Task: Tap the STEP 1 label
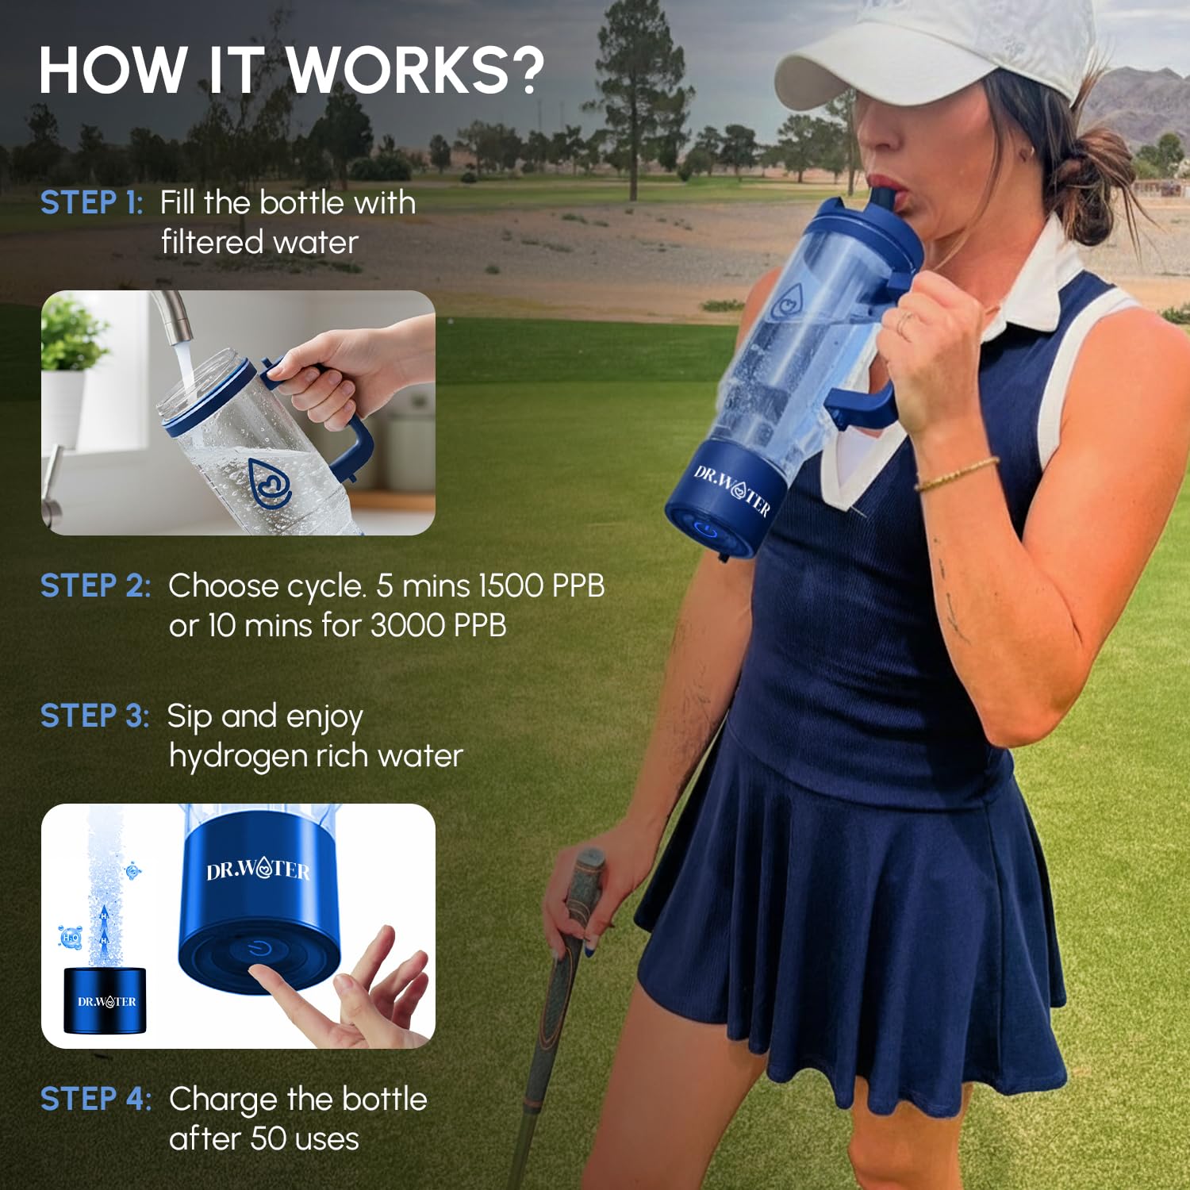click(91, 203)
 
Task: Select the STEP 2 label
click(95, 586)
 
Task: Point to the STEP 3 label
click(94, 716)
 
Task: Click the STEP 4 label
click(95, 1100)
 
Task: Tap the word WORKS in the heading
click(397, 70)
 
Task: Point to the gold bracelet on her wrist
click(956, 474)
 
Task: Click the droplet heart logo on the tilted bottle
click(270, 482)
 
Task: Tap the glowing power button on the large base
click(259, 949)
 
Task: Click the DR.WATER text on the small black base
click(106, 1002)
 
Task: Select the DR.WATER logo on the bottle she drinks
click(731, 490)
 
